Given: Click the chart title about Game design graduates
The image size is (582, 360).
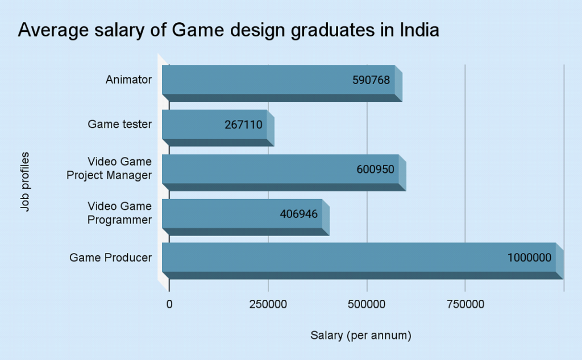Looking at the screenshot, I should pyautogui.click(x=228, y=30).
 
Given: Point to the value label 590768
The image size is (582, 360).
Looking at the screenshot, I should pyautogui.click(x=371, y=80).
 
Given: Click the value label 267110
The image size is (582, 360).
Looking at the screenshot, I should pyautogui.click(x=244, y=125).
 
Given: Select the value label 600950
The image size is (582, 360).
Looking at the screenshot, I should pyautogui.click(x=375, y=169).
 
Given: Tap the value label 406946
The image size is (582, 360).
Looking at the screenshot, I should pyautogui.click(x=299, y=214).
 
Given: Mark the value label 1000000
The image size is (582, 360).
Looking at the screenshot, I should pyautogui.click(x=529, y=258).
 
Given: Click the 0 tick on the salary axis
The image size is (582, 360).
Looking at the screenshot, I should pyautogui.click(x=169, y=305).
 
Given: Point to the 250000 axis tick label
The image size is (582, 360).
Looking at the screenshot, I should pyautogui.click(x=268, y=305).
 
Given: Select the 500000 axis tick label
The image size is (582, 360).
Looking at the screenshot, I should pyautogui.click(x=367, y=305).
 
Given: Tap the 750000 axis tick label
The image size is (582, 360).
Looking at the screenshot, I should pyautogui.click(x=465, y=305).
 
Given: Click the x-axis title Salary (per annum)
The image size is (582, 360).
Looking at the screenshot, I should pyautogui.click(x=360, y=336).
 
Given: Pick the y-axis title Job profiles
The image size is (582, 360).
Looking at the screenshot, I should pyautogui.click(x=24, y=181).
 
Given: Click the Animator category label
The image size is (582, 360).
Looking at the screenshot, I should pyautogui.click(x=128, y=80).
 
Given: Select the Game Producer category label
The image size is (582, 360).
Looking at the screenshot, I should pyautogui.click(x=110, y=258).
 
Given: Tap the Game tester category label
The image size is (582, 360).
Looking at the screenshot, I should pyautogui.click(x=119, y=125).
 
